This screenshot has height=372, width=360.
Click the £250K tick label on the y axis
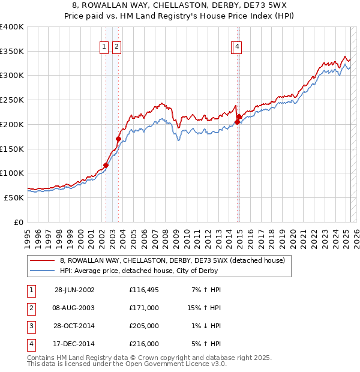pos(12,100)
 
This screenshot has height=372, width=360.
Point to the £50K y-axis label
pos(14,197)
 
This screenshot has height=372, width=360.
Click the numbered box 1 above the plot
pos(104,47)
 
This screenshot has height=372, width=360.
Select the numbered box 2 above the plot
pos(116,47)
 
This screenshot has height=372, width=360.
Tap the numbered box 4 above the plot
pos(238,47)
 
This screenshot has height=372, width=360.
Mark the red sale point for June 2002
pos(106,165)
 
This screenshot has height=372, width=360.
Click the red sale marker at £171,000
pos(118,139)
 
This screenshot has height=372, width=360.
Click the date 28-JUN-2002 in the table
pos(74,290)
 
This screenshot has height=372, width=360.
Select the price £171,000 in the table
pos(144,308)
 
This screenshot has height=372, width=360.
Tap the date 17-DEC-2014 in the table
pos(74,344)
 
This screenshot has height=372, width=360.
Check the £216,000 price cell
pos(144,344)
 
